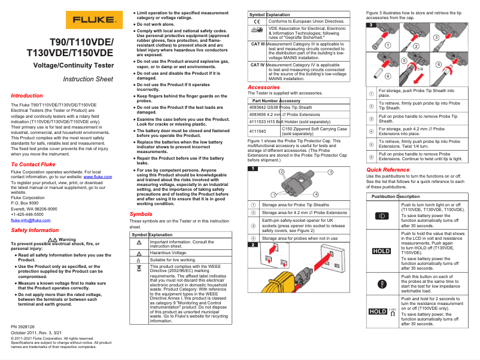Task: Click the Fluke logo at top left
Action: [x=90, y=19]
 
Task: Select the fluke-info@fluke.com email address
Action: [x=28, y=220]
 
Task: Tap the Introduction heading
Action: [x=27, y=96]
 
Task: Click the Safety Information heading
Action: [x=35, y=230]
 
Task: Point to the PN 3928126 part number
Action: [x=23, y=327]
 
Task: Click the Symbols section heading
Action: [x=141, y=213]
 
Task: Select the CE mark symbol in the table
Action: [x=257, y=21]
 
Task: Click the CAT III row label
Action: [x=257, y=44]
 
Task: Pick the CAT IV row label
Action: [x=257, y=65]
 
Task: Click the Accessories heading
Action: [x=263, y=87]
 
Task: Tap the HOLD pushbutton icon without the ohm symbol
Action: [x=381, y=251]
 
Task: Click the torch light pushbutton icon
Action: [x=381, y=215]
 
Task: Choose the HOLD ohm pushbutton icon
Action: [x=381, y=312]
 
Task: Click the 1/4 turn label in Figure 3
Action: [x=420, y=69]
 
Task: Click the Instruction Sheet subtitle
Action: [x=88, y=79]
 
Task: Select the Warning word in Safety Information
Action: [x=67, y=239]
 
